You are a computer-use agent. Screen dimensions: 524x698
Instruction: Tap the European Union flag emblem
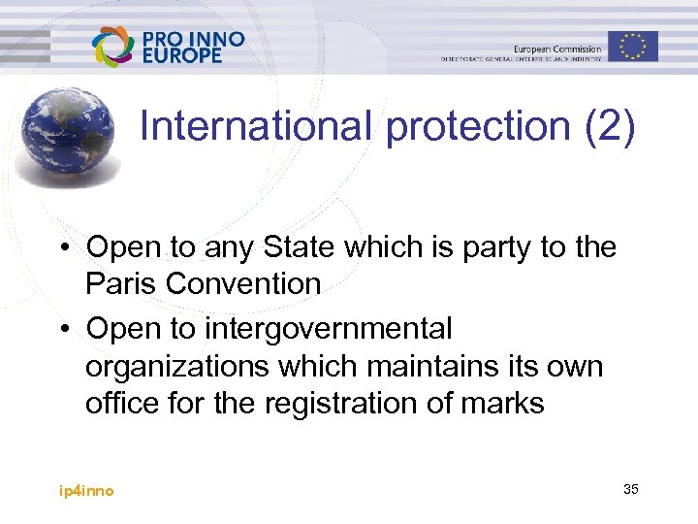click(633, 46)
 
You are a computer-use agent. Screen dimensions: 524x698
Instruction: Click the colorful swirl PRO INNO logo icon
click(112, 47)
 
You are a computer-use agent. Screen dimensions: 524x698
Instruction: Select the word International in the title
click(255, 127)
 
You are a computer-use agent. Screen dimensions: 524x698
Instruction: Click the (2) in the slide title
click(610, 127)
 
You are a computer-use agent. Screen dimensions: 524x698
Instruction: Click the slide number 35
click(631, 489)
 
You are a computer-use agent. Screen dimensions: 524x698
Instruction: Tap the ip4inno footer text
click(85, 491)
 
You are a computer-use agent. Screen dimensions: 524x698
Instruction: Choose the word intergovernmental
click(328, 329)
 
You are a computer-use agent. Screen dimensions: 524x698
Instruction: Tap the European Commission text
click(557, 49)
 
